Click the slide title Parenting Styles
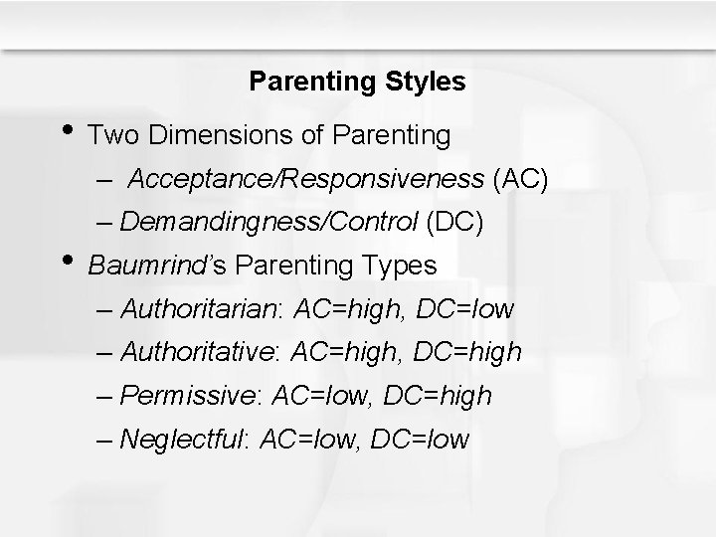click(x=357, y=82)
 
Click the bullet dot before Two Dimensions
click(x=68, y=128)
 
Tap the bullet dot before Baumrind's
click(x=68, y=262)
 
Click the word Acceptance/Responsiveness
click(x=306, y=179)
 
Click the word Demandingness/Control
click(x=268, y=223)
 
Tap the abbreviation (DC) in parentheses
click(x=454, y=223)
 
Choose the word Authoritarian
click(x=198, y=310)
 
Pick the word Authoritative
click(x=199, y=353)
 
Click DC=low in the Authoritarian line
click(x=465, y=310)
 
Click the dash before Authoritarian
click(x=105, y=310)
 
